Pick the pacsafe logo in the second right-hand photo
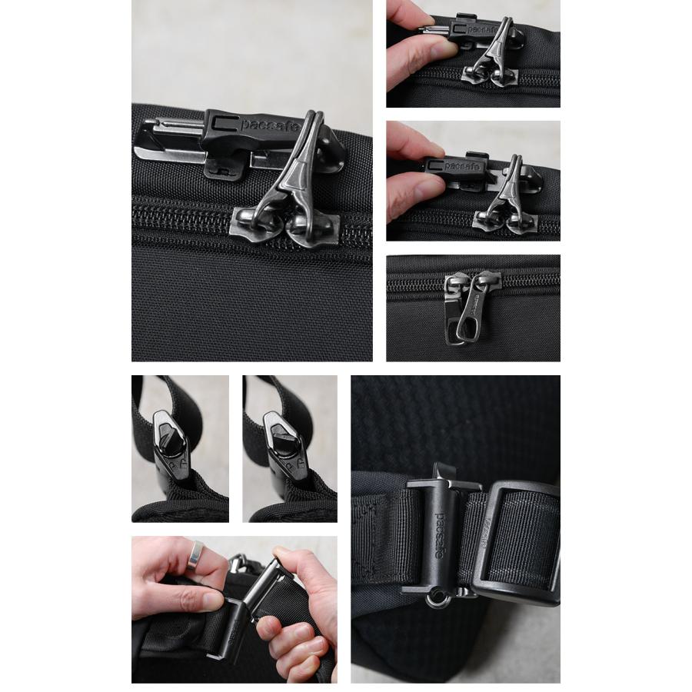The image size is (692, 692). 464,165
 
